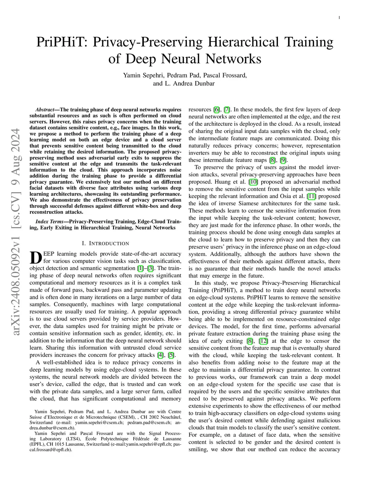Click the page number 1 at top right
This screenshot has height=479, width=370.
340,17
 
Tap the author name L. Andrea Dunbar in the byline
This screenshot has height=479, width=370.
190,84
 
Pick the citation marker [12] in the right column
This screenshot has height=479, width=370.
263,341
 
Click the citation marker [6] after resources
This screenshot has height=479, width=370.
216,110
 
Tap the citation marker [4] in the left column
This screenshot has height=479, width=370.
160,355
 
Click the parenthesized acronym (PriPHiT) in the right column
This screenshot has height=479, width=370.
201,290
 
